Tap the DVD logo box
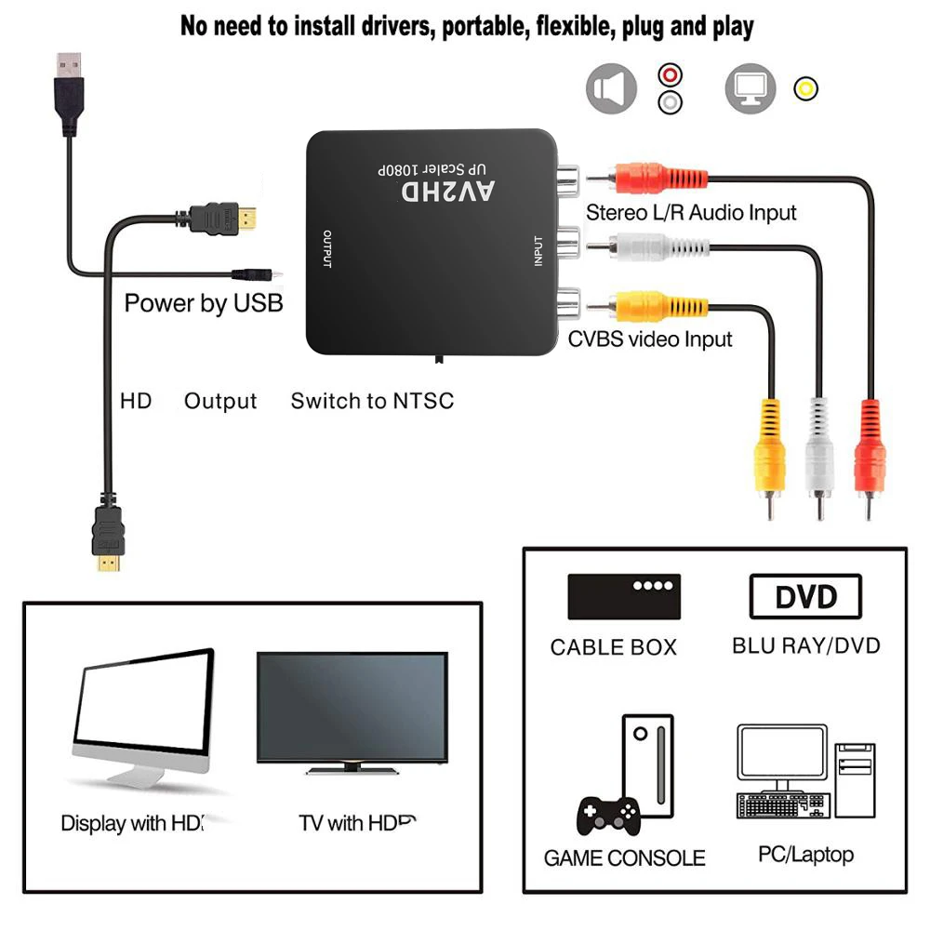[805, 597]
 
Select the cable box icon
[624, 596]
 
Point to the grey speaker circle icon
[611, 88]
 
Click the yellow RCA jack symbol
[805, 89]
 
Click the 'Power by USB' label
[204, 303]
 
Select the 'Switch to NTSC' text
[372, 402]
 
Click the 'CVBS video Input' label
[650, 339]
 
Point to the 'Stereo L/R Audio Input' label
[691, 212]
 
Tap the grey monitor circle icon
[750, 88]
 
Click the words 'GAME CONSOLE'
[624, 858]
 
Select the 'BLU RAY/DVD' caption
[805, 645]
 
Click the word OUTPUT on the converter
[326, 248]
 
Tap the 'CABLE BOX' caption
[614, 647]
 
